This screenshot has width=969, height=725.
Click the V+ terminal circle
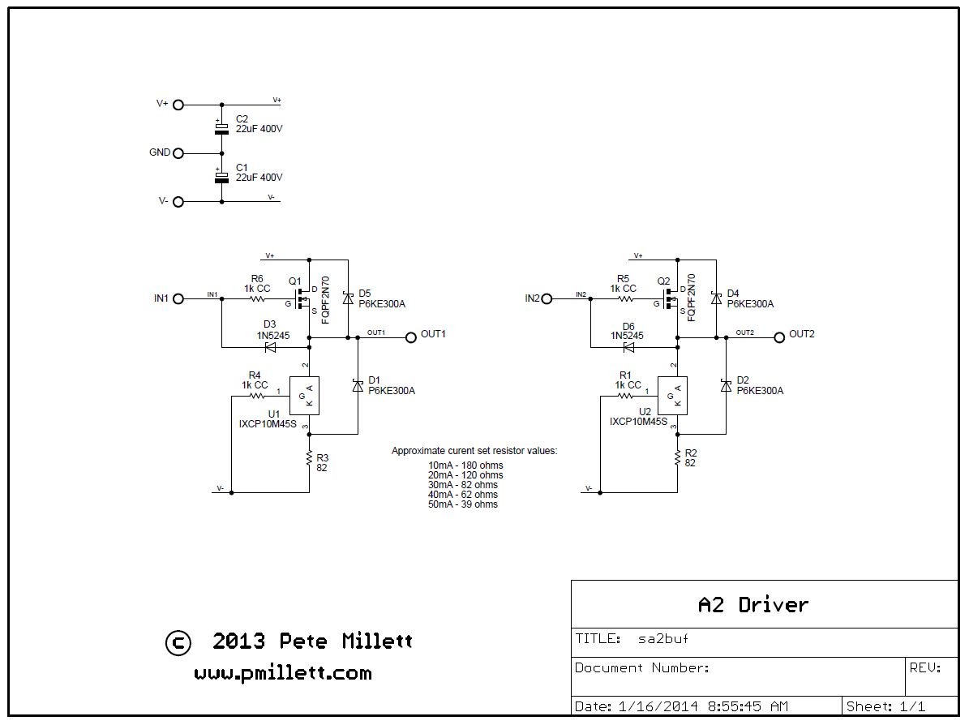click(178, 105)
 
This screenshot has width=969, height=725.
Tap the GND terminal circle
click(178, 153)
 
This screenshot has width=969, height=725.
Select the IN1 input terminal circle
click(178, 298)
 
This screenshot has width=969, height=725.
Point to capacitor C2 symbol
click(221, 128)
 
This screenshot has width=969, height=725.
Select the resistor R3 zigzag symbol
click(310, 459)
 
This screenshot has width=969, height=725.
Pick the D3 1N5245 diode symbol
click(270, 347)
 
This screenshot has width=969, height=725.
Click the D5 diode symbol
click(348, 298)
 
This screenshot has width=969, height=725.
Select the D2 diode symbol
click(726, 386)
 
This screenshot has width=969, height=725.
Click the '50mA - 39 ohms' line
click(463, 504)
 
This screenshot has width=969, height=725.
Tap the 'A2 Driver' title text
click(752, 604)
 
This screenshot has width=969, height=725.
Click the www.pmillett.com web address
click(283, 673)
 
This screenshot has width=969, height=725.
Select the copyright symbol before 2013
click(178, 643)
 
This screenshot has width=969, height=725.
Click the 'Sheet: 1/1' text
click(885, 706)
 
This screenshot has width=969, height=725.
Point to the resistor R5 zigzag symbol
click(626, 298)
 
